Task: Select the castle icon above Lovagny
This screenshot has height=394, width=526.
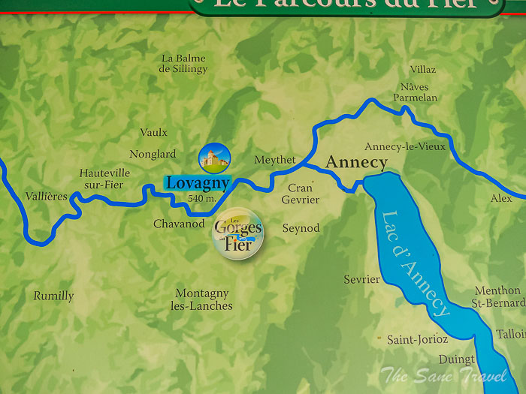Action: pyautogui.click(x=214, y=157)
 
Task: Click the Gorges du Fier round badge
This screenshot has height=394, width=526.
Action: pyautogui.click(x=238, y=233)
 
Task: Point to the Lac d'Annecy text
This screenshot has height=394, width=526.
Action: pyautogui.click(x=416, y=263)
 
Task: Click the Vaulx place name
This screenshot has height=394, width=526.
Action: pyautogui.click(x=154, y=133)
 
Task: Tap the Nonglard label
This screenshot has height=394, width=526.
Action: pyautogui.click(x=153, y=155)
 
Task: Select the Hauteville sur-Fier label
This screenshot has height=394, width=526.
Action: pyautogui.click(x=104, y=177)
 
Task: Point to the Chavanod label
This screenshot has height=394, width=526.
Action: pyautogui.click(x=179, y=224)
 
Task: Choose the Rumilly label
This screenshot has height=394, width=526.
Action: pyautogui.click(x=53, y=296)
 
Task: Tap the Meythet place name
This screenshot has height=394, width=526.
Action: pyautogui.click(x=275, y=160)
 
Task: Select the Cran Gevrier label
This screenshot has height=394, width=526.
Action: pyautogui.click(x=301, y=194)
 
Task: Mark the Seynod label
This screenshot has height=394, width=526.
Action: pyautogui.click(x=301, y=228)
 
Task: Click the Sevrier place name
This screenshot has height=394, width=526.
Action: pyautogui.click(x=362, y=279)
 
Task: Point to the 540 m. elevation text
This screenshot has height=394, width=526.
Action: pyautogui.click(x=201, y=198)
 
